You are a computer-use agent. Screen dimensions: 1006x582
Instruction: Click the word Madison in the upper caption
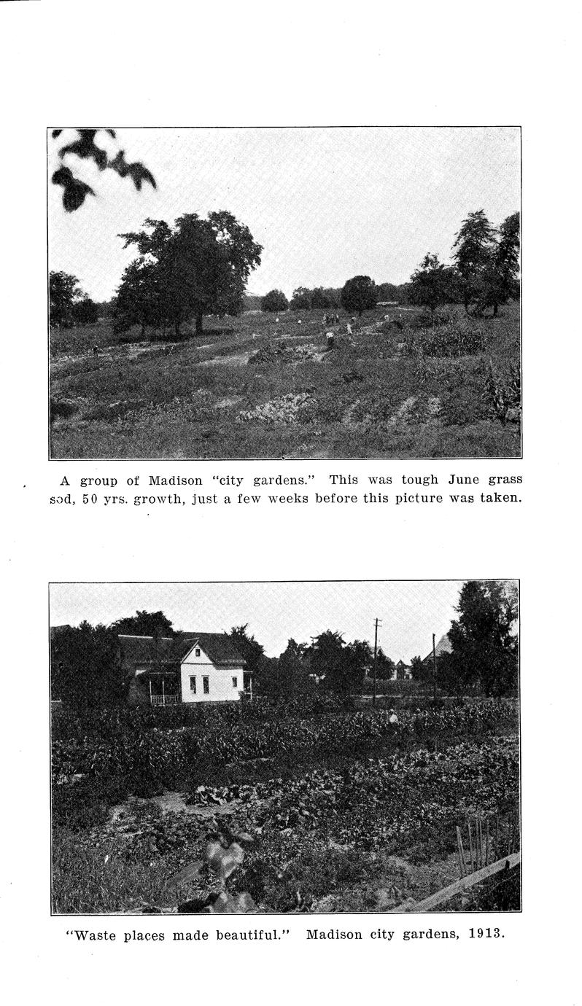176,480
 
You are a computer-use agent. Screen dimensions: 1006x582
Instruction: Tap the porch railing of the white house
165,699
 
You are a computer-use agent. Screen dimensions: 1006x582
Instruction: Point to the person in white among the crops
393,717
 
